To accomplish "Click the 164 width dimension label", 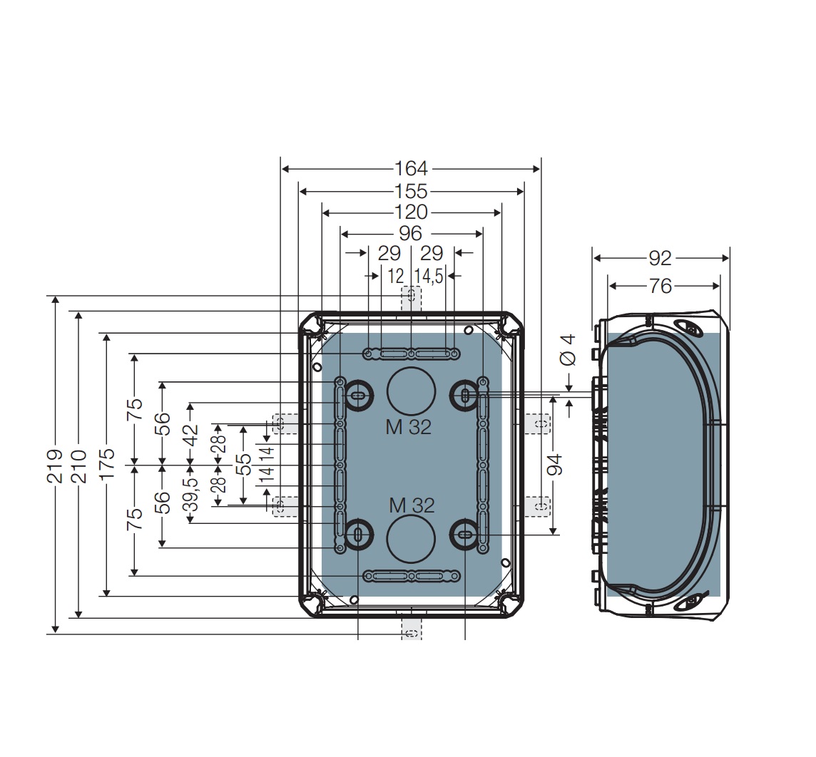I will click(412, 169).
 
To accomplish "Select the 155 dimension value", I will click(412, 192).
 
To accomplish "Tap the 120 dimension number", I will click(412, 212).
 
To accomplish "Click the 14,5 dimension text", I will click(429, 276).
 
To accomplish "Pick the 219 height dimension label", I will click(56, 465).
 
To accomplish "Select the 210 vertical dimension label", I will click(78, 465).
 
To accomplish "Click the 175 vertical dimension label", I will click(107, 465).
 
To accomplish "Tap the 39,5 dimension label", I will click(190, 493).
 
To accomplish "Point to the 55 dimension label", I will click(243, 465).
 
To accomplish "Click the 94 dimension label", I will click(554, 465).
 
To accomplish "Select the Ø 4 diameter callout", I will click(568, 349).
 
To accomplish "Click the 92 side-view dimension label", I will click(661, 258).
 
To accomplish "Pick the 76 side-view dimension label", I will click(661, 286).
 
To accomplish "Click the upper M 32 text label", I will click(409, 427).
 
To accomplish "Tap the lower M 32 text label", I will click(412, 505).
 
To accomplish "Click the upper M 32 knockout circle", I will click(411, 391).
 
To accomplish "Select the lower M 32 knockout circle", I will click(411, 540).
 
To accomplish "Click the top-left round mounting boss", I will click(357, 396).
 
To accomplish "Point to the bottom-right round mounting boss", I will click(465, 535).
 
